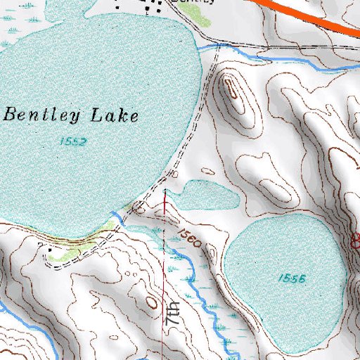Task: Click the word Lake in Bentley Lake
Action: tap(116, 115)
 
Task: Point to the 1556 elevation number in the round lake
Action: tap(290, 278)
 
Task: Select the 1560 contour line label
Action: tap(190, 239)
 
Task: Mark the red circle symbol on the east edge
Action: tap(356, 242)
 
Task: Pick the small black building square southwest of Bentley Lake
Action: tap(49, 247)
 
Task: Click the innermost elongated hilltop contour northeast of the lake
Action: tap(231, 90)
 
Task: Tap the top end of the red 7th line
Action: tap(165, 191)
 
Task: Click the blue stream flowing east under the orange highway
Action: tap(281, 60)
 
